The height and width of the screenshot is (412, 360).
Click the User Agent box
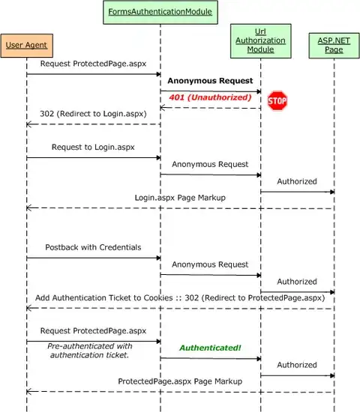coord(26,46)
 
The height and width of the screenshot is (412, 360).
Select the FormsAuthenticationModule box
coord(160,12)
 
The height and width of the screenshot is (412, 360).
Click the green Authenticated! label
coord(209,348)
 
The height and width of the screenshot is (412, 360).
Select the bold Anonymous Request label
coord(210,80)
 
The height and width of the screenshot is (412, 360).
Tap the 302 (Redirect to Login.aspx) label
coord(93,114)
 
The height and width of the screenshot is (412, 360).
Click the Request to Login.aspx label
coord(94,148)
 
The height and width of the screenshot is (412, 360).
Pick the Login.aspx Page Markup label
coord(180,198)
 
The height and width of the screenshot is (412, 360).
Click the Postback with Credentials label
coord(93,247)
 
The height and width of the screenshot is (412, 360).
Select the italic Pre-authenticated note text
coord(90,350)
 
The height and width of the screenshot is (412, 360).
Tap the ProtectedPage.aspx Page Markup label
coord(180,381)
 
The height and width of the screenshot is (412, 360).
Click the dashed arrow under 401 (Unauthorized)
coord(210,108)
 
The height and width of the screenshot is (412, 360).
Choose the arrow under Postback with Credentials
coord(93,258)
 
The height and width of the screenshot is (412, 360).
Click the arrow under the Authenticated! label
coord(210,359)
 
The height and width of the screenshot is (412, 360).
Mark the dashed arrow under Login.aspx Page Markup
coord(180,208)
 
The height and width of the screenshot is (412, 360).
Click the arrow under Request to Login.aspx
coord(93,158)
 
